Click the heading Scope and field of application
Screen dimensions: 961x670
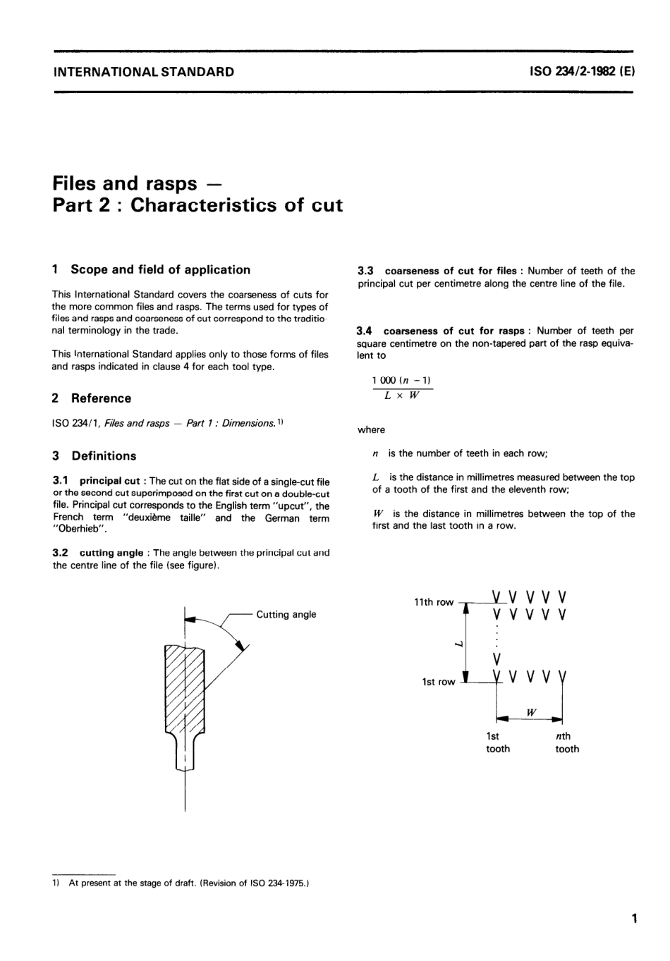160,269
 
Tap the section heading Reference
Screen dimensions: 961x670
101,398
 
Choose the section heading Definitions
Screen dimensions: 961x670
104,456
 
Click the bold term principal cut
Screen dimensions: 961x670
109,482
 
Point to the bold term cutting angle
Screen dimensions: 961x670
111,553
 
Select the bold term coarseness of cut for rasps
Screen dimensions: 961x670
453,331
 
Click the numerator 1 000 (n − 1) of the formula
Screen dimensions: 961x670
402,380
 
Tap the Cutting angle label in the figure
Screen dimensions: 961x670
286,615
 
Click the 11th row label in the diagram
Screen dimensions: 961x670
433,602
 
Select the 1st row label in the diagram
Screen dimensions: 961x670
438,682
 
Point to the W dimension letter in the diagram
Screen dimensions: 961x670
531,712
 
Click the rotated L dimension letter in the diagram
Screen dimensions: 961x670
458,643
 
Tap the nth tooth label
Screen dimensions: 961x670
566,742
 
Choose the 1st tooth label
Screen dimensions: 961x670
497,742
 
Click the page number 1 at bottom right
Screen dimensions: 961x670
634,918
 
